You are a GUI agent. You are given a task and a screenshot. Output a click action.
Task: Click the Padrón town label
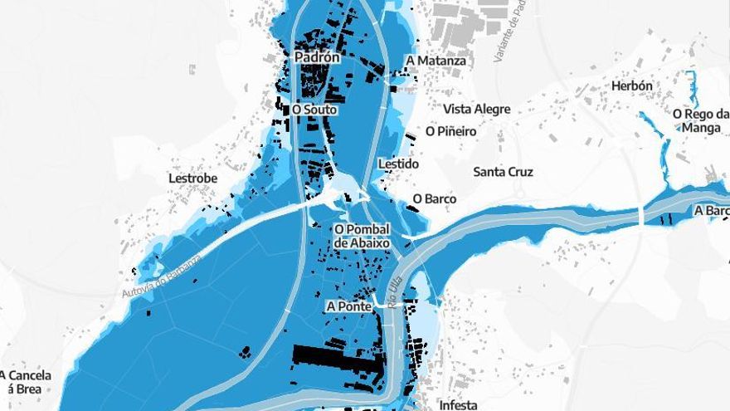(x=317, y=57)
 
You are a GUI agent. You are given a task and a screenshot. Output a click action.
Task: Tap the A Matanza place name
(x=436, y=61)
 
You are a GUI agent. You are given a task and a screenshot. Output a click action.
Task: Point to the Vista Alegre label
(x=476, y=109)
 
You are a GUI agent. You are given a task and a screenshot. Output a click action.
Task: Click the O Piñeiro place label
(x=450, y=131)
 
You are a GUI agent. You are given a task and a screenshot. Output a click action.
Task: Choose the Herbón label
(x=631, y=86)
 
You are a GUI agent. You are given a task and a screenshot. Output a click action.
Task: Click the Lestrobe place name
(x=192, y=178)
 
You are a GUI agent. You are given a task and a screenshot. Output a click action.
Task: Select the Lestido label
(x=398, y=164)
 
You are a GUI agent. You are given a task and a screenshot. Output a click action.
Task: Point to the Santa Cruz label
(x=503, y=172)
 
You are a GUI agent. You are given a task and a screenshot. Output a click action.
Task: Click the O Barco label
(x=434, y=199)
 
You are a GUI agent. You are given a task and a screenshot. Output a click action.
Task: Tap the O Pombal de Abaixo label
(x=362, y=236)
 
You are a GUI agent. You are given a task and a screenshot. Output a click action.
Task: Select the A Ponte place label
(x=348, y=306)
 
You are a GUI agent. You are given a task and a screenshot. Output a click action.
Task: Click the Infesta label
(x=458, y=404)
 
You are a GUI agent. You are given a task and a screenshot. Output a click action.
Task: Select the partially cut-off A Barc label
(x=712, y=211)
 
